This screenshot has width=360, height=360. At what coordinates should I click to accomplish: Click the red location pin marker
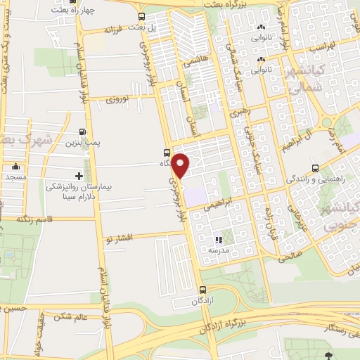pos(181,165)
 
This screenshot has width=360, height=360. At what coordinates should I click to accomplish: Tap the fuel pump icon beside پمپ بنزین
pos(84,131)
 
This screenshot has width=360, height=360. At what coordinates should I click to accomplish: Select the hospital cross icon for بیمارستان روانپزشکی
pos(79,175)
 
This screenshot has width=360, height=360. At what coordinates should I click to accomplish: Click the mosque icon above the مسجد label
pos(15,167)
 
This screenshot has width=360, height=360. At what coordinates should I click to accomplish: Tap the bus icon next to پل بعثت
pos(143,17)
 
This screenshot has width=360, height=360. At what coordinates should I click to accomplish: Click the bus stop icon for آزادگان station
pos(202,289)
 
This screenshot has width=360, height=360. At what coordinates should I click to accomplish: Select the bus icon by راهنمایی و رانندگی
pos(315,168)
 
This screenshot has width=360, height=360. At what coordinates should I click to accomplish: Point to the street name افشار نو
pos(117,237)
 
